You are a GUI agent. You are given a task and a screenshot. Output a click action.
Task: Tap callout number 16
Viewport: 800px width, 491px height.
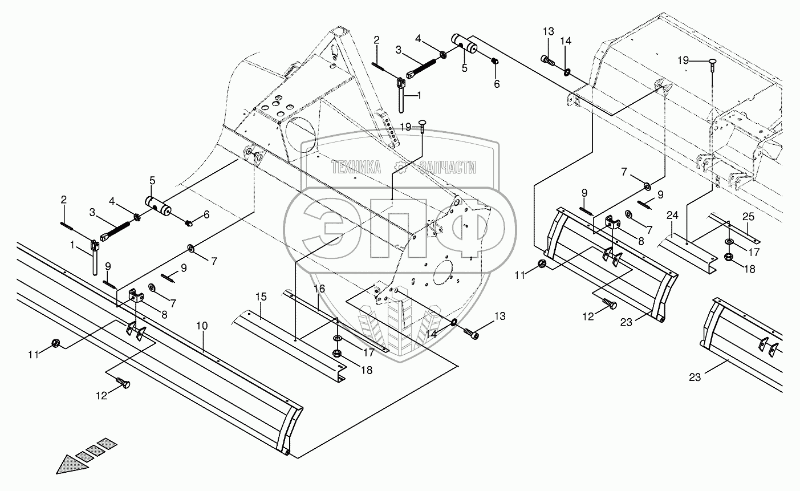[x=319, y=289]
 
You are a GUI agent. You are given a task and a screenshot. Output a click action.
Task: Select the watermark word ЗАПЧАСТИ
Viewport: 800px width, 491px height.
[x=447, y=167]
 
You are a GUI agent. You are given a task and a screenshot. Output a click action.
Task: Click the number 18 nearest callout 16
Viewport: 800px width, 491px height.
[x=366, y=370]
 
